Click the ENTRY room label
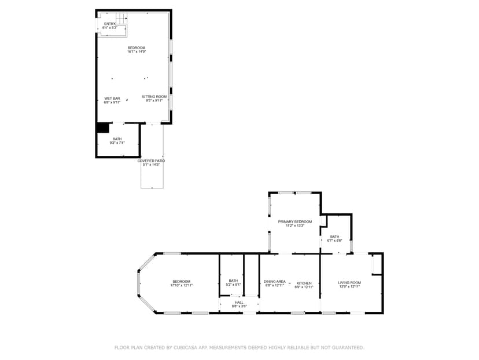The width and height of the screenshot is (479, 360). (x=109, y=24)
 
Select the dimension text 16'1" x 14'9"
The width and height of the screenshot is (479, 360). (x=137, y=52)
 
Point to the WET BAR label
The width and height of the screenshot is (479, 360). (x=112, y=99)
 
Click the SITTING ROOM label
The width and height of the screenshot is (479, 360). (x=154, y=96)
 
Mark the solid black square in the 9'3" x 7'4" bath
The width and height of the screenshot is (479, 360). (x=102, y=128)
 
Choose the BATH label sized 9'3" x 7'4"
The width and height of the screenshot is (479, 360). (x=117, y=139)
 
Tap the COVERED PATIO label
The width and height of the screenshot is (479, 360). (x=151, y=161)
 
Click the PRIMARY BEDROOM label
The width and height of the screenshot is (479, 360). (x=295, y=221)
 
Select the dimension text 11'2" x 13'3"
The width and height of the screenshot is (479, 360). (x=295, y=226)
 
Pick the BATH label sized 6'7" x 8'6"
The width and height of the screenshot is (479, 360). (x=335, y=237)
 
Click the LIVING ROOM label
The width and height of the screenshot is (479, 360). (x=350, y=282)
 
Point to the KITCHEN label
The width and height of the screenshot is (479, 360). (x=304, y=283)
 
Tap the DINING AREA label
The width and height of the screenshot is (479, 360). (x=275, y=281)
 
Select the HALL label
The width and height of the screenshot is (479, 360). (x=239, y=302)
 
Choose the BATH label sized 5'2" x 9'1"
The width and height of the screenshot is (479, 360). (x=233, y=281)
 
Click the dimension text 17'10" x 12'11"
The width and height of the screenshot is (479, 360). (x=181, y=285)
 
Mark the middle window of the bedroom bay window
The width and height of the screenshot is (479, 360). (x=138, y=283)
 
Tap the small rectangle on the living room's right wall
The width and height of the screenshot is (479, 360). (x=376, y=265)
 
